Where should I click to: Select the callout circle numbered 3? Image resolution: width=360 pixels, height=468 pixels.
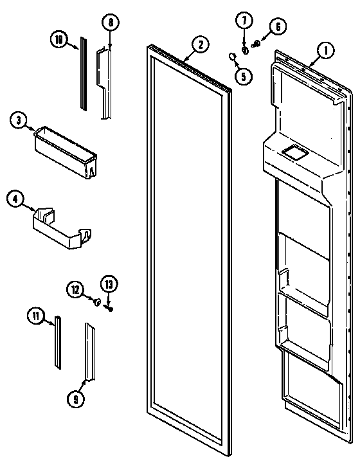(19, 120)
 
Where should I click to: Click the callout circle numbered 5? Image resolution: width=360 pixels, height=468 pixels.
(244, 76)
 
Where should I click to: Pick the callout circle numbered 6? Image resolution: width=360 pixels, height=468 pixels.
(278, 26)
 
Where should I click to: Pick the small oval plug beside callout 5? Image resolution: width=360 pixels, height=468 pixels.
(231, 59)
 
